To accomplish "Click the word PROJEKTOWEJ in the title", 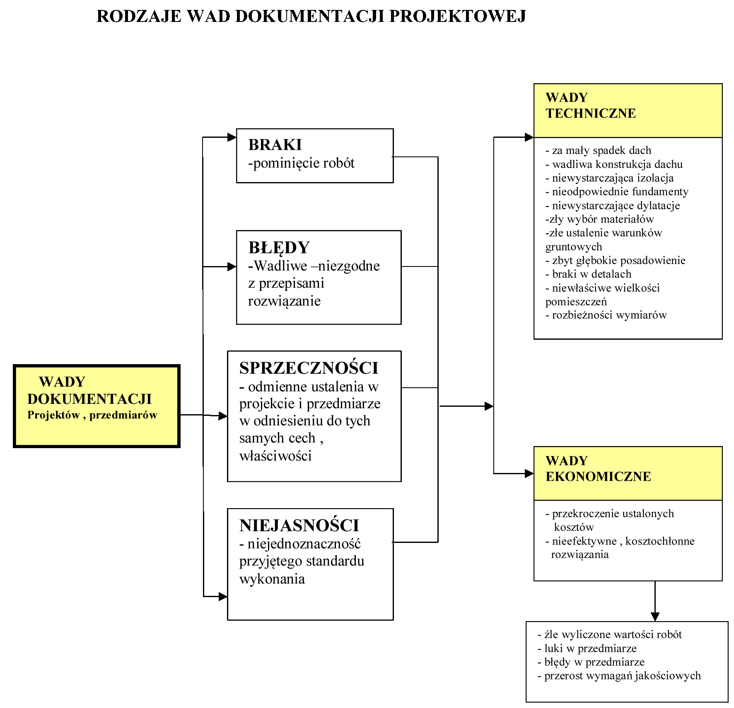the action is tap(458, 16).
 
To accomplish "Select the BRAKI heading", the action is tap(275, 145).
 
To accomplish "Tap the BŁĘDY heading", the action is tap(279, 248).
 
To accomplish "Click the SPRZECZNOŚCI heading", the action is tap(309, 368).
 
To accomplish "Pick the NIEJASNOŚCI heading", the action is tap(299, 526).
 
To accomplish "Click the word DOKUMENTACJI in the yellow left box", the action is tap(89, 399).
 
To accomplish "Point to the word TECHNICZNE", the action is tap(591, 113).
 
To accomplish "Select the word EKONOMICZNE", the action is tap(598, 477).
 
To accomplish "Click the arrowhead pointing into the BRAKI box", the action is tap(232, 137).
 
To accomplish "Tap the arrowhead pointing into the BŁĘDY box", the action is tap(232, 266).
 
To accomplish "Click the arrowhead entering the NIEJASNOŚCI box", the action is tap(223, 596).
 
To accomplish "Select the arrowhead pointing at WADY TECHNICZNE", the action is tap(529, 137).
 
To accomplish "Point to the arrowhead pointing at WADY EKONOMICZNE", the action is tap(529, 473).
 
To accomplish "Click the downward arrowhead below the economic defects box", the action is tap(655, 617).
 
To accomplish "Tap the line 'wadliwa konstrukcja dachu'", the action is tap(614, 164).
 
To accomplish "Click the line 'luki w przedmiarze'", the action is tap(587, 648).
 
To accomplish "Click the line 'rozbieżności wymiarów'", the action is tap(606, 315).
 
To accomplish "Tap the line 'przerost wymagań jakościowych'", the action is tap(619, 676).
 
